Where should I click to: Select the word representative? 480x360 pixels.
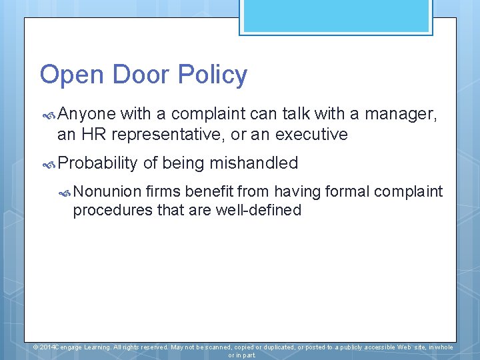pyautogui.click(x=168, y=135)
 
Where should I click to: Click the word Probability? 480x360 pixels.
pyautogui.click(x=97, y=163)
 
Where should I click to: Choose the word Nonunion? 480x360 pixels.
pyautogui.click(x=107, y=192)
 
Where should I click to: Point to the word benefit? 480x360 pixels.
pyautogui.click(x=209, y=192)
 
